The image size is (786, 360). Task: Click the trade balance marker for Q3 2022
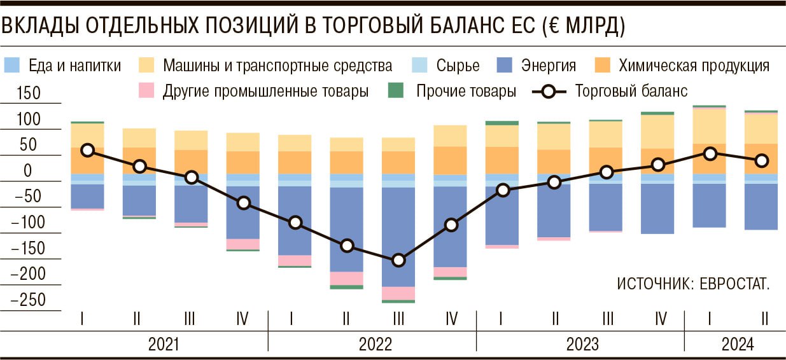click(x=399, y=260)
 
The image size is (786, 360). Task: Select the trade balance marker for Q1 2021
click(x=87, y=150)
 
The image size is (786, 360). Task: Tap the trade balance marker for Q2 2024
click(x=761, y=161)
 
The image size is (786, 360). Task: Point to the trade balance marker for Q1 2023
click(x=503, y=190)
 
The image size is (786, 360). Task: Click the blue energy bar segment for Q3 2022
click(x=399, y=237)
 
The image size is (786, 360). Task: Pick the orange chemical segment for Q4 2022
click(x=451, y=160)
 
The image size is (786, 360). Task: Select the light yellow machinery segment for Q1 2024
click(x=709, y=127)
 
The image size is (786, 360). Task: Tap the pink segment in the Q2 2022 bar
click(x=347, y=279)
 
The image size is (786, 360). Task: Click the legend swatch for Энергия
click(x=504, y=65)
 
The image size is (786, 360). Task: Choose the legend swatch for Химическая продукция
click(x=603, y=65)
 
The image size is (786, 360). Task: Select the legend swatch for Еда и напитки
click(x=13, y=65)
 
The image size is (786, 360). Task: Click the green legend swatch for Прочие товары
click(x=395, y=91)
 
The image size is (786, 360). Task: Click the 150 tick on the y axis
click(x=28, y=93)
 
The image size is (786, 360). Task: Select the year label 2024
click(x=737, y=344)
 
